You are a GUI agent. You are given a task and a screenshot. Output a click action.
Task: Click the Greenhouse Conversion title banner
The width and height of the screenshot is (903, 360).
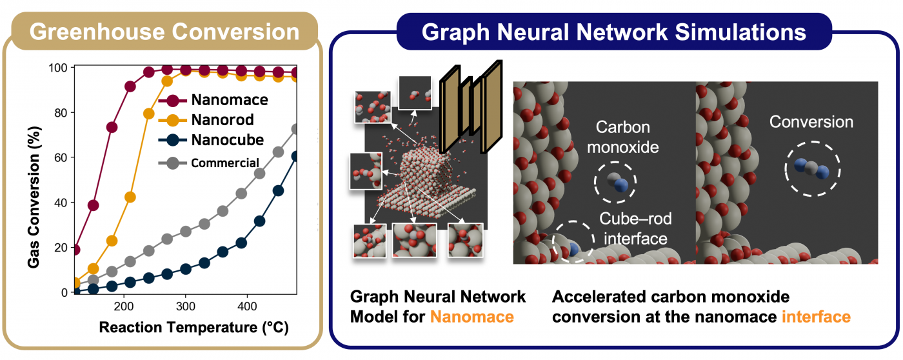(x=164, y=32)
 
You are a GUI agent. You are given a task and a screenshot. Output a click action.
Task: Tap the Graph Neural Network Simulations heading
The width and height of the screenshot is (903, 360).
(x=613, y=32)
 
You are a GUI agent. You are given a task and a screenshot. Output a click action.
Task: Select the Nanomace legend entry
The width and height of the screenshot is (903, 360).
(x=213, y=100)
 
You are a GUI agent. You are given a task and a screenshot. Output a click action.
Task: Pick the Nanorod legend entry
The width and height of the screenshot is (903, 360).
(x=206, y=120)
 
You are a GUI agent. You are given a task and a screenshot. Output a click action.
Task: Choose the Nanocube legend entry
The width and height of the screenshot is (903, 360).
(x=211, y=140)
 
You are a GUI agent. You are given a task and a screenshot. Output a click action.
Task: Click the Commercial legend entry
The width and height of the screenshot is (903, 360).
(x=208, y=163)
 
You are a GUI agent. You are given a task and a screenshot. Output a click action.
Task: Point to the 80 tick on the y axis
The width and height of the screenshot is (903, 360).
(x=61, y=113)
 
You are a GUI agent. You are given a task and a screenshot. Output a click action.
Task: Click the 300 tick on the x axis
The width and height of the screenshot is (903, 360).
(x=186, y=306)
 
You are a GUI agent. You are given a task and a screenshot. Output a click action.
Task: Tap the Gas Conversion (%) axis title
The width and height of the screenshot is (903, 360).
(x=34, y=197)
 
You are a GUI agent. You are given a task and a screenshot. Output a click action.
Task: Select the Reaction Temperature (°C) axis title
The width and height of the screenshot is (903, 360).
(x=193, y=327)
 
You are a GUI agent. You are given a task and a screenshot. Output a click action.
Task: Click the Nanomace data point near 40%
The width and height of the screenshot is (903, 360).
(x=93, y=205)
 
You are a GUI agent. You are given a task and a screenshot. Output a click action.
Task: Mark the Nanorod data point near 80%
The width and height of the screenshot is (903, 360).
(x=149, y=114)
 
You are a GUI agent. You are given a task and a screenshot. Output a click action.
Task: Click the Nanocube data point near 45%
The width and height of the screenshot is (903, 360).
(x=278, y=191)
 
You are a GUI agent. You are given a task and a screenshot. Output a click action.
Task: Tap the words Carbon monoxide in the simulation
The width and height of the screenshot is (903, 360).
(x=623, y=137)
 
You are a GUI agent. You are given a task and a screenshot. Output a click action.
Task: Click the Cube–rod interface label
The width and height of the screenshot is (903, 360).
(x=635, y=228)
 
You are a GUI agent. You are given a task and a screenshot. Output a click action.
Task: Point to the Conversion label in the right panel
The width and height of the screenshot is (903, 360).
(x=811, y=122)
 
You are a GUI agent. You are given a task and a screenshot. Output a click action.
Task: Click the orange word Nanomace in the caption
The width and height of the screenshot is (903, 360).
(x=472, y=317)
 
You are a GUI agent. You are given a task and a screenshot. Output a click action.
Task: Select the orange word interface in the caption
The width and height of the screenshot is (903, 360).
(x=817, y=317)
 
